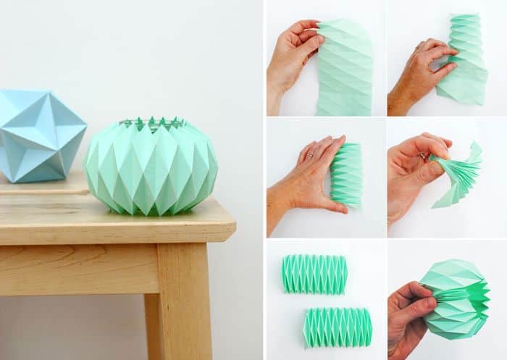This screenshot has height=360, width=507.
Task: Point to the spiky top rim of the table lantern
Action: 151,123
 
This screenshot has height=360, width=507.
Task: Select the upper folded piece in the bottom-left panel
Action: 314,274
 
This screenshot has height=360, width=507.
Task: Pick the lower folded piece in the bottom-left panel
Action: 338,327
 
